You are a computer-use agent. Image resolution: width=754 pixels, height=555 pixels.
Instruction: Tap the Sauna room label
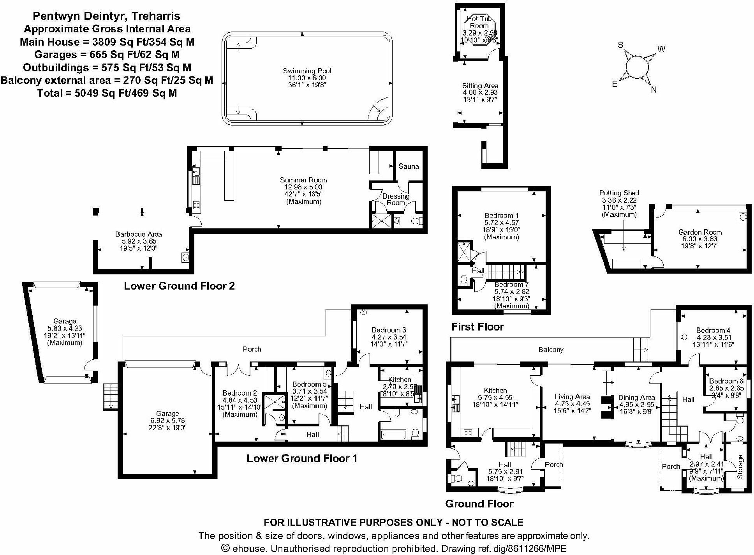(x=409, y=166)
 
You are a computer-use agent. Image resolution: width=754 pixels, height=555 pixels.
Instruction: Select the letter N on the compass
(x=654, y=90)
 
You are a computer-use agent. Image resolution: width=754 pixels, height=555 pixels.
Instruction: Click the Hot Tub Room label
(x=479, y=22)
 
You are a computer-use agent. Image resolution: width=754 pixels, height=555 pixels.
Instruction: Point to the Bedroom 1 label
(x=502, y=216)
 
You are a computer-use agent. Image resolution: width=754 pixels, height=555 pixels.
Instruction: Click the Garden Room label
(x=700, y=232)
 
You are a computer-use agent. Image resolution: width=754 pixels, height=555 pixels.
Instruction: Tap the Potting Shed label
(x=619, y=193)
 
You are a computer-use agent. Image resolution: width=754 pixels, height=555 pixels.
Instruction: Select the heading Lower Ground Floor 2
(x=179, y=286)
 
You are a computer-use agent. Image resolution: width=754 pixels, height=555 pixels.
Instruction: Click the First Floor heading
(x=477, y=327)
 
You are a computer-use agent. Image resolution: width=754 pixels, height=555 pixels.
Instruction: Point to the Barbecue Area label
(x=138, y=234)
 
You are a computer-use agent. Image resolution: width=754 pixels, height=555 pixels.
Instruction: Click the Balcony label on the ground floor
(x=551, y=350)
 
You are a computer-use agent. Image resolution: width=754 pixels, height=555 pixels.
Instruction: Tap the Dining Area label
(x=636, y=398)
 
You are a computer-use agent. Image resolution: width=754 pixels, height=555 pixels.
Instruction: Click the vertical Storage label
(x=740, y=467)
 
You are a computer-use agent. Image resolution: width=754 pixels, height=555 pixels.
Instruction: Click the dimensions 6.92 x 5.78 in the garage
(x=167, y=421)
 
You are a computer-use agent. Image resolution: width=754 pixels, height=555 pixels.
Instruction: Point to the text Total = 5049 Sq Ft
(x=107, y=93)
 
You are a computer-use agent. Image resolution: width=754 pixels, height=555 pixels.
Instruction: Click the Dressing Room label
(x=396, y=199)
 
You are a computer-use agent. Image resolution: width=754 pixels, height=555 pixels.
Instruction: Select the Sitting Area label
(x=480, y=86)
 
